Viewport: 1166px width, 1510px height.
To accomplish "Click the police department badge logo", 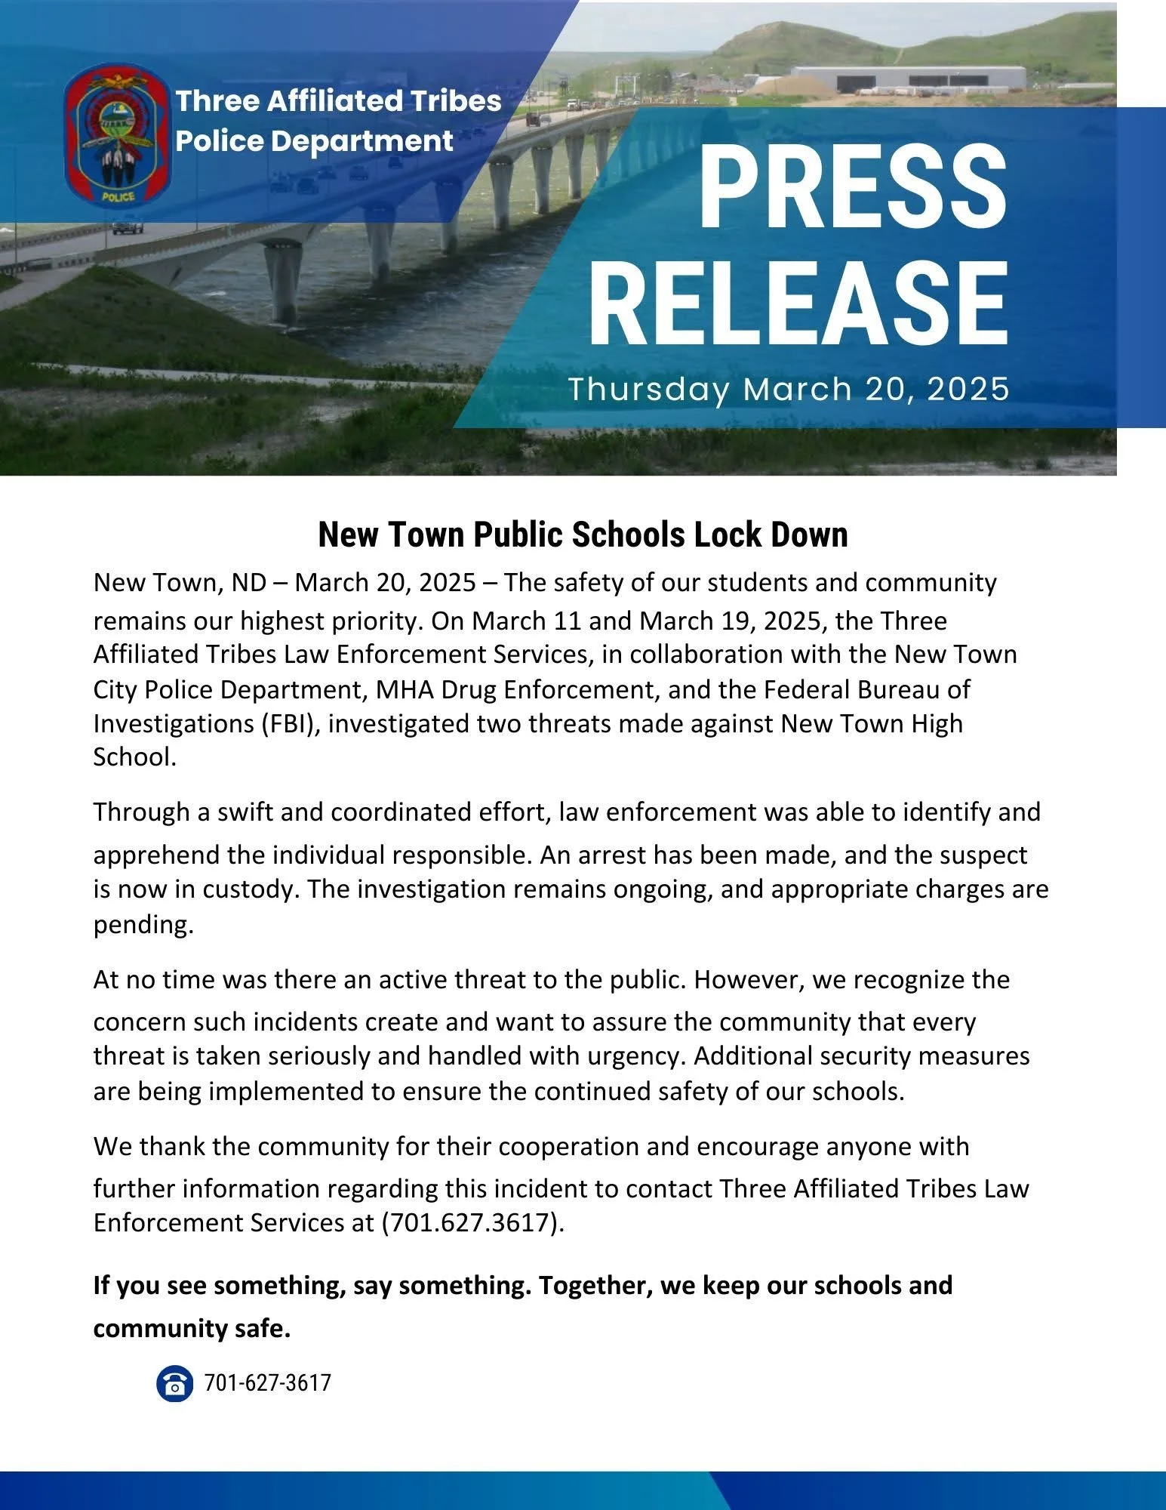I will pos(117,136).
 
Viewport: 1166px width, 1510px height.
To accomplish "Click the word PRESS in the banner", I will pos(853,185).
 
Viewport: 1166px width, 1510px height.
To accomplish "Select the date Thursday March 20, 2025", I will pos(789,390).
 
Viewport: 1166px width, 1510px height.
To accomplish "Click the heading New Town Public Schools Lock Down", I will pos(583,535).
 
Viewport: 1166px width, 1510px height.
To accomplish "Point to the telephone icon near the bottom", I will pos(174,1384).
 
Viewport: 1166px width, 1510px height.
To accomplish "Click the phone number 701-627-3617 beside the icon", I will pos(268,1383).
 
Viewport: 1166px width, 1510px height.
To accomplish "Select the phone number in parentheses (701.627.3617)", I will pos(473,1222).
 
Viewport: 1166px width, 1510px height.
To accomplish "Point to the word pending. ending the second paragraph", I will pos(143,924).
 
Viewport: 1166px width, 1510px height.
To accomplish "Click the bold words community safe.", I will pos(192,1328).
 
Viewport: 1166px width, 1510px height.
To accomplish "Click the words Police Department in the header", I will pos(315,141).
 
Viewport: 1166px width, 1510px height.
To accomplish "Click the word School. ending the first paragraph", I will pos(134,757).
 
